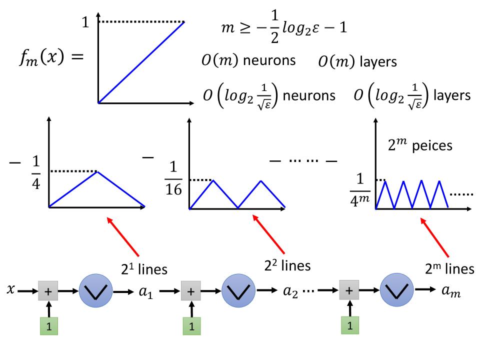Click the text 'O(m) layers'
point(357,62)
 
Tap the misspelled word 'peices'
point(433,146)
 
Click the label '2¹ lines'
point(143,269)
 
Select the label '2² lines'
point(287,265)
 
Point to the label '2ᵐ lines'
point(449,269)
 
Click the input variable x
point(11,289)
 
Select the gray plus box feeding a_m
point(349,290)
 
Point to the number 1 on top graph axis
point(86,22)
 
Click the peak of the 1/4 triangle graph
point(97,172)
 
